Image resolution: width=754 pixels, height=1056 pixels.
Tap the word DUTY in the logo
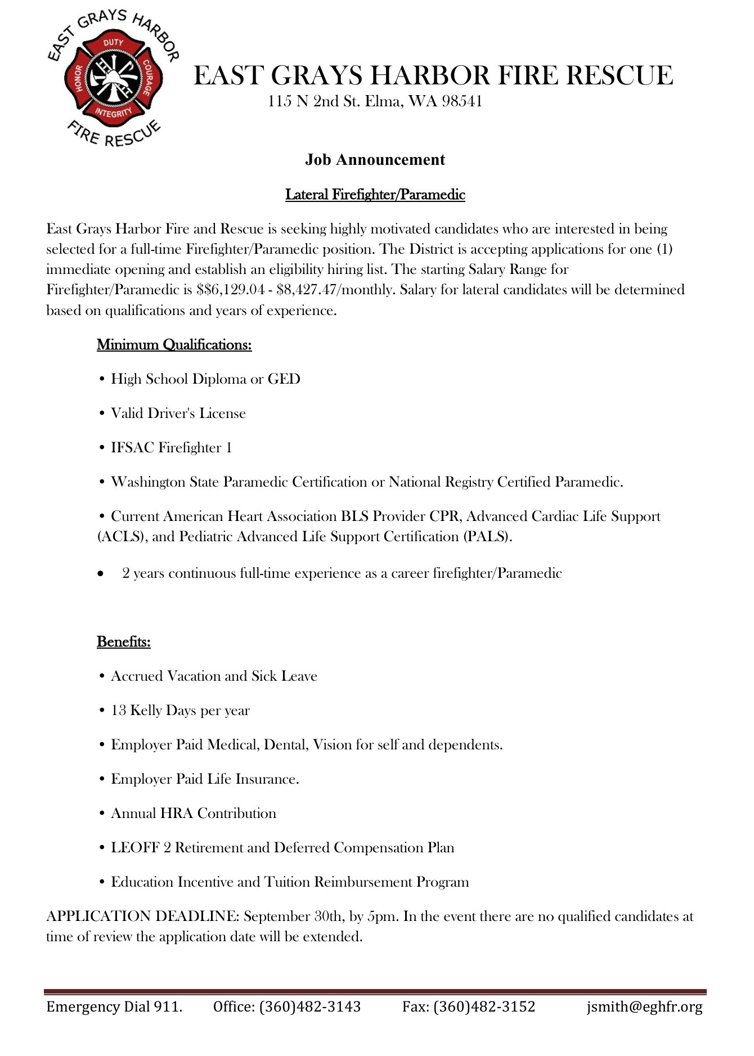(x=113, y=43)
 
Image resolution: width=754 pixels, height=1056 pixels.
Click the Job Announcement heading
(x=375, y=160)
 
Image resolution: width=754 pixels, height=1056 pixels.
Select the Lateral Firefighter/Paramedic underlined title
(x=375, y=195)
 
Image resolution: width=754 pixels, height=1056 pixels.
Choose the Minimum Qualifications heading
(x=174, y=344)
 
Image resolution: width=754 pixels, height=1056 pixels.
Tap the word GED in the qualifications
(x=284, y=379)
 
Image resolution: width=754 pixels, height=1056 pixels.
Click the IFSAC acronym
(x=133, y=448)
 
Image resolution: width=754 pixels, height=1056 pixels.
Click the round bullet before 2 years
(x=101, y=574)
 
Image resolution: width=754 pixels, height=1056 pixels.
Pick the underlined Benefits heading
(x=124, y=641)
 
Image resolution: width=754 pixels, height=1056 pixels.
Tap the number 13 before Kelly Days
(x=119, y=711)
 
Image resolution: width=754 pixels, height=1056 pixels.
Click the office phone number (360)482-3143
(x=310, y=1006)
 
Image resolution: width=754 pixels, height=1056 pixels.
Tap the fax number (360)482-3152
(x=484, y=1006)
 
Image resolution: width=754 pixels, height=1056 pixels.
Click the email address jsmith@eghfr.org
(x=644, y=1006)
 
